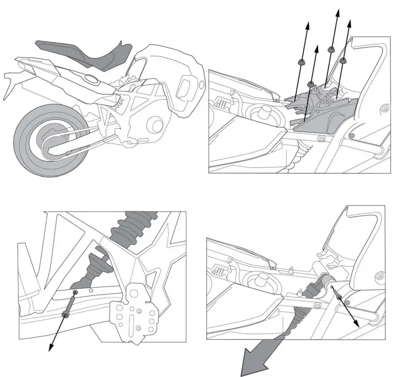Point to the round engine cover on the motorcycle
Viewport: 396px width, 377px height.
[x=156, y=124]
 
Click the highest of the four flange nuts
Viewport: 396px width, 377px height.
[x=331, y=50]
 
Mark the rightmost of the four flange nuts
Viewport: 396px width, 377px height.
[x=343, y=60]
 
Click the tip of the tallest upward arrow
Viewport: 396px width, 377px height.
[x=337, y=10]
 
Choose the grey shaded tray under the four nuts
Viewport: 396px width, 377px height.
[x=323, y=118]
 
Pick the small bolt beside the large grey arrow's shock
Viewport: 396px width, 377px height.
[x=340, y=298]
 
